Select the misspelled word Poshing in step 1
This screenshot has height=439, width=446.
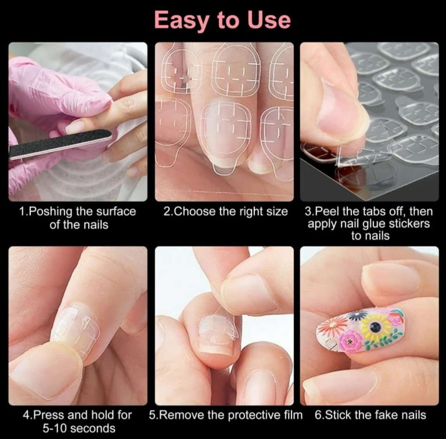pos(51,212)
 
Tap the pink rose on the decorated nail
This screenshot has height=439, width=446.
pos(350,342)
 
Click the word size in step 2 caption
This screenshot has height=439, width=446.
pos(277,212)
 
